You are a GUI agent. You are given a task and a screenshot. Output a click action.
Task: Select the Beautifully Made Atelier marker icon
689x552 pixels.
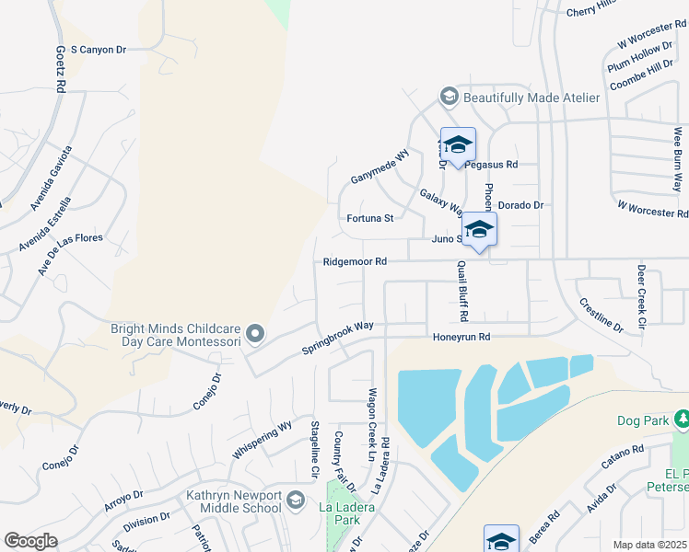449,97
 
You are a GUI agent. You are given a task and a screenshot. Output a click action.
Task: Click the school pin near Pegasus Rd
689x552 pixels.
458,144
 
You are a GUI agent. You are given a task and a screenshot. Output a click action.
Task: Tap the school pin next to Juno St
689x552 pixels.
479,229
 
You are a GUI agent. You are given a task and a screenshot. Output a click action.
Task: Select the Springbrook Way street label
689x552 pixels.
338,337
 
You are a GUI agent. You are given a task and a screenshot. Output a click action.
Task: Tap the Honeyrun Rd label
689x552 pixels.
461,338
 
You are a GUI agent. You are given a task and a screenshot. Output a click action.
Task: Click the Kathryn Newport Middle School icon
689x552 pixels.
295,500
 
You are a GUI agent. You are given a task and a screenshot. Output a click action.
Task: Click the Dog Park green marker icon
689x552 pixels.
682,420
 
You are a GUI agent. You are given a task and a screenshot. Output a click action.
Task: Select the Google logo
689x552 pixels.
30,541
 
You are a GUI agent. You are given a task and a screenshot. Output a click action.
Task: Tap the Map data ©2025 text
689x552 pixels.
648,545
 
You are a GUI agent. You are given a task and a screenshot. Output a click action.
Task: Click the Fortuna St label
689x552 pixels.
370,219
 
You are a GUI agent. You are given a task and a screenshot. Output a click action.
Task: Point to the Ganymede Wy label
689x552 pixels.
379,166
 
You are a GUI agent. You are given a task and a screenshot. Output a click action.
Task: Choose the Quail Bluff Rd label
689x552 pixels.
463,291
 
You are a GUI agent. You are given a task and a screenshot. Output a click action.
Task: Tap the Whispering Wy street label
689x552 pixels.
263,438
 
